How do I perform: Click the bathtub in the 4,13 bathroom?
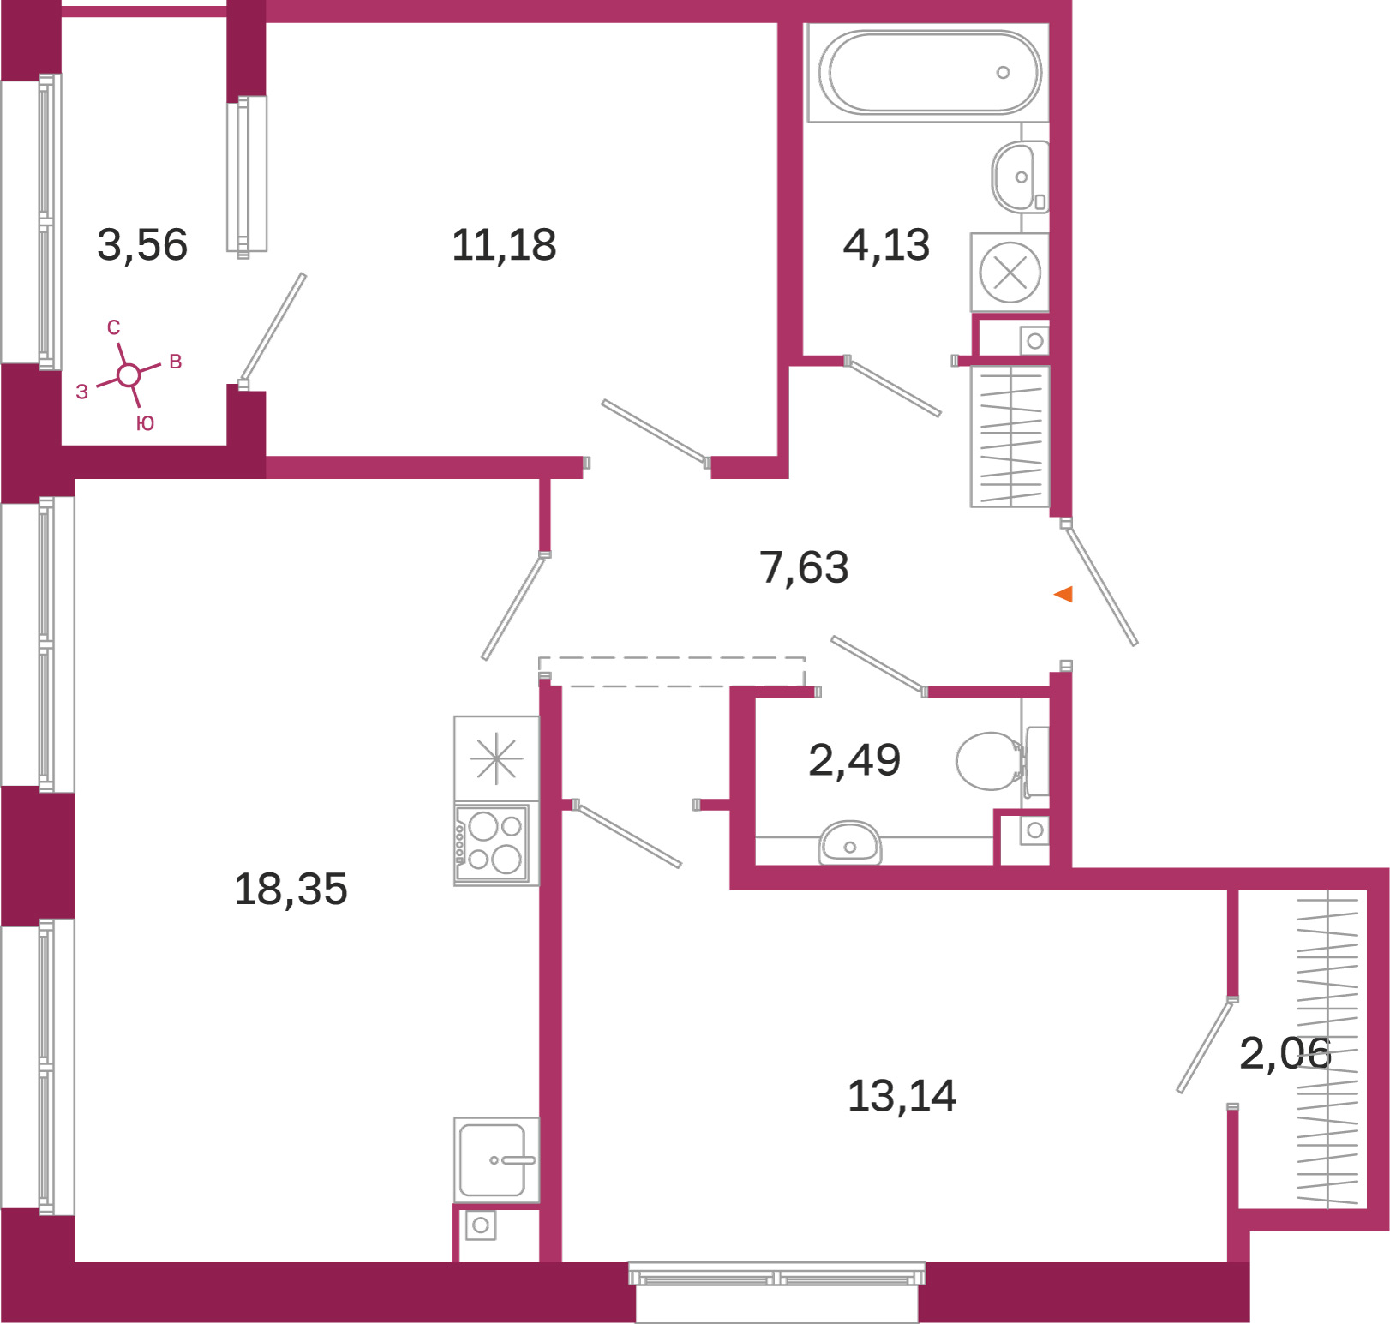928,73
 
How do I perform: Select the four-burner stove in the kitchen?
492,843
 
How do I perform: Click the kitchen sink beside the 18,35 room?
496,1160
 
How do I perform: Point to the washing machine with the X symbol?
1010,273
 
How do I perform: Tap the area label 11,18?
504,245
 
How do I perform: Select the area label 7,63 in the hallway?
804,567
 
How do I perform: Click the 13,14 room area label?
902,1096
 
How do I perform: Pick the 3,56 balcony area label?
142,245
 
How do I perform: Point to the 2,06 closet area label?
1285,1053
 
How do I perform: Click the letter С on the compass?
114,327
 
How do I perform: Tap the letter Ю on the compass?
145,423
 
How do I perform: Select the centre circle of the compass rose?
129,375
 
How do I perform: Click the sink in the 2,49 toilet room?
849,843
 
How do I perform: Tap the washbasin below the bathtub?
1020,177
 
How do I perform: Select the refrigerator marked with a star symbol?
496,758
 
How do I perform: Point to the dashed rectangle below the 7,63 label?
671,672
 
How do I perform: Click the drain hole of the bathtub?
1003,73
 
